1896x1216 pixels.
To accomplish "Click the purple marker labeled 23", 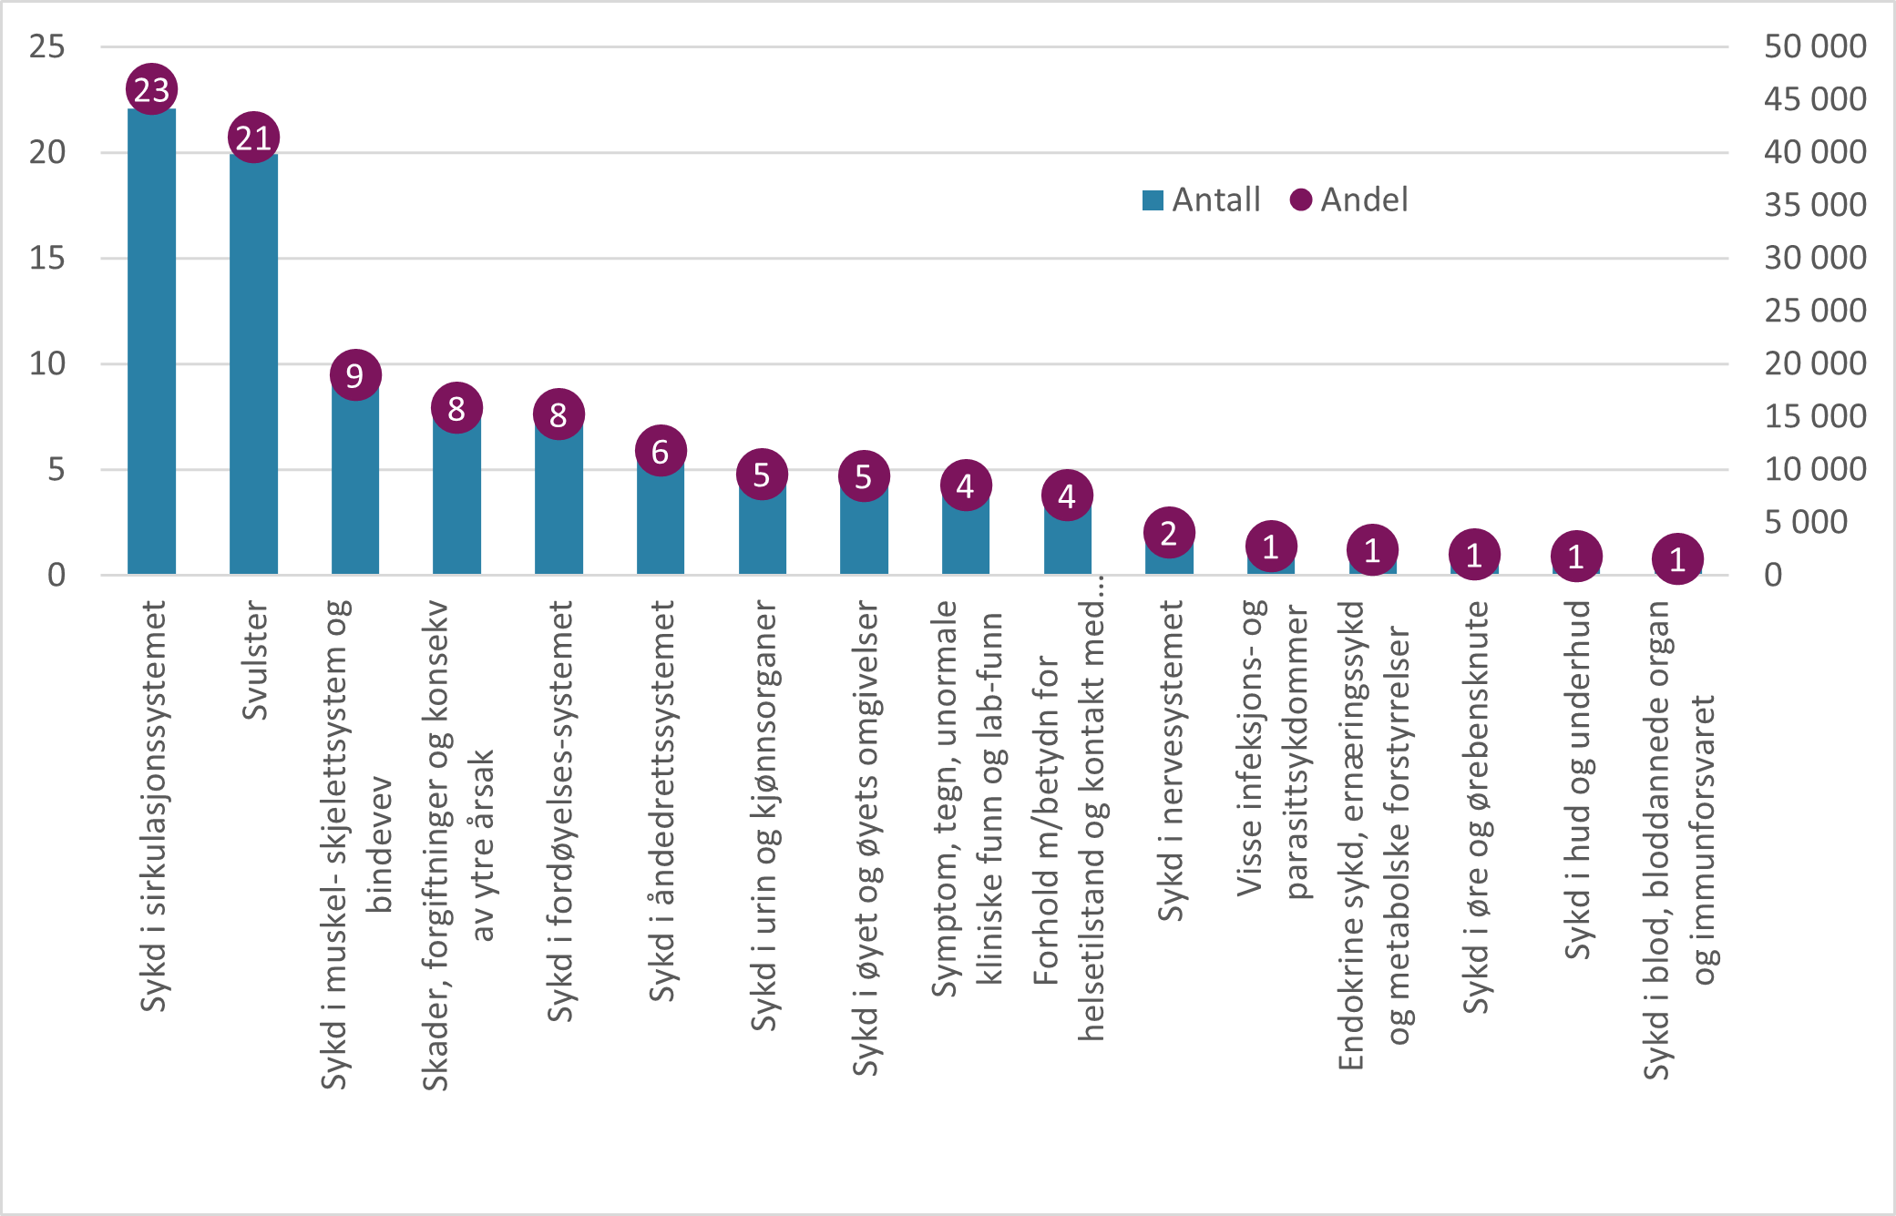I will coord(151,89).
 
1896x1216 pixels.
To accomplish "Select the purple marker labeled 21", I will coord(253,138).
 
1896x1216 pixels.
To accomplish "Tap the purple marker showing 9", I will coord(355,374).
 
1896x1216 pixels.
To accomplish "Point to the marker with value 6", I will coord(661,451).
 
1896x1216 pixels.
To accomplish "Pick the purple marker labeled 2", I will coord(1169,533).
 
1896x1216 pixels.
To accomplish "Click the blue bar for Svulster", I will coord(253,364).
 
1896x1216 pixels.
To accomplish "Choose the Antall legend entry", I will coord(1202,199).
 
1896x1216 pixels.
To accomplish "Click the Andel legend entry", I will coord(1349,199).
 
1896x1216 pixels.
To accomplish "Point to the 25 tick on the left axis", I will coord(47,46).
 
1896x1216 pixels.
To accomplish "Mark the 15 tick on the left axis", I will coord(47,258).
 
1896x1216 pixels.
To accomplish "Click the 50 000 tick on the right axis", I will coord(1815,46).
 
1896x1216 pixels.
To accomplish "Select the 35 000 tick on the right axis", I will coord(1815,205).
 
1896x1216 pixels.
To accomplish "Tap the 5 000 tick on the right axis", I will coord(1806,522).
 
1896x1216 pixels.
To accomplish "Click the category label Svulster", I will coord(255,660).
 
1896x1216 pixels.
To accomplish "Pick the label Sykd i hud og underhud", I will coord(1577,779).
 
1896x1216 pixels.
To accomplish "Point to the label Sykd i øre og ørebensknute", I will coord(1476,806).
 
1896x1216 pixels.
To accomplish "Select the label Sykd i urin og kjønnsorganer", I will coord(764,815).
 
